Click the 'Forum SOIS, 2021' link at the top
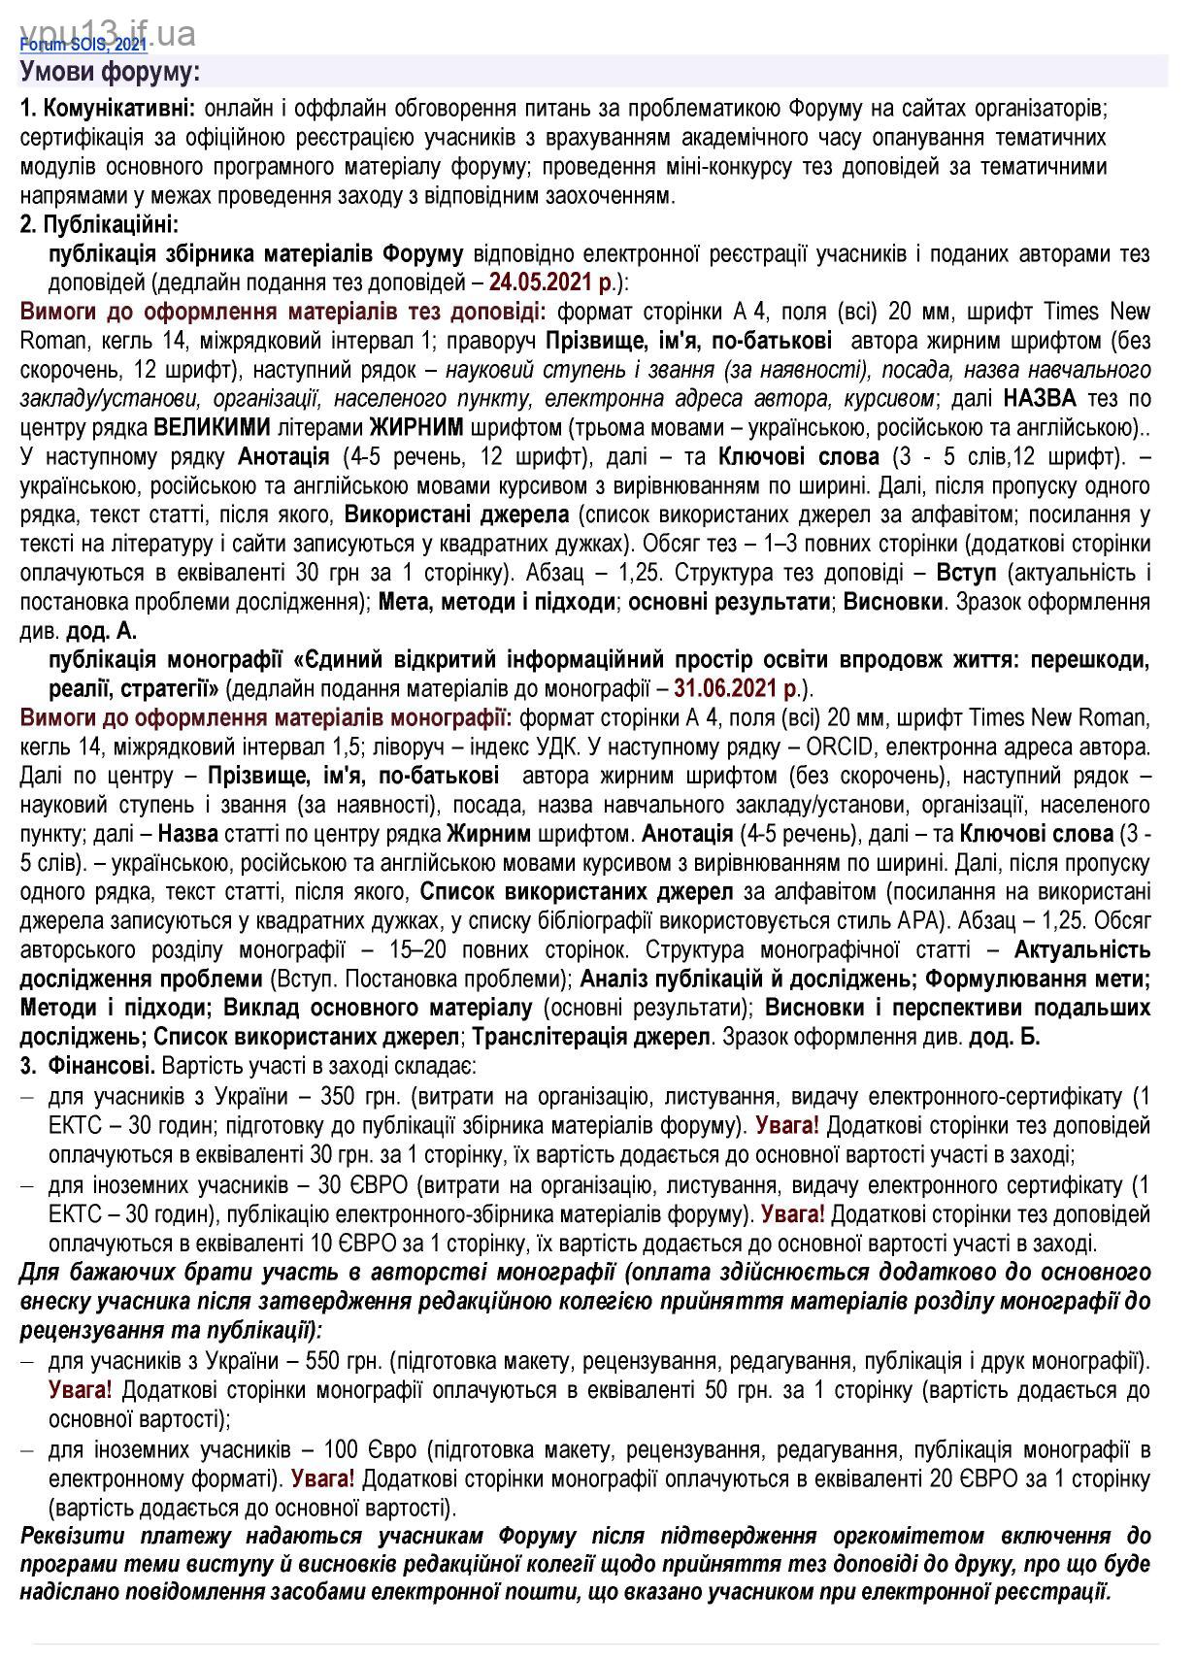coord(83,44)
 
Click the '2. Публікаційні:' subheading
coord(99,224)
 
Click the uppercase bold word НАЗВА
coord(1040,398)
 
